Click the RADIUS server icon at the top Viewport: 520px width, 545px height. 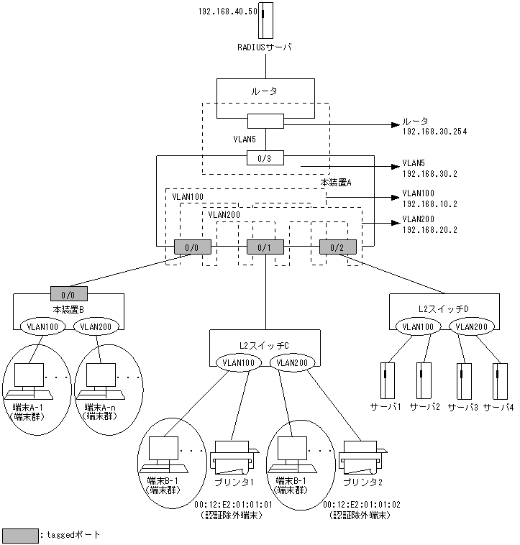(267, 20)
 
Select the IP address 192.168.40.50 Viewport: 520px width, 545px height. (227, 12)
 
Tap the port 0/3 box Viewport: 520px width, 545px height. (265, 157)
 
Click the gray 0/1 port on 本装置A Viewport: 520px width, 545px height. (265, 247)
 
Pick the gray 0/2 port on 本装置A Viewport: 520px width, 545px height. (338, 247)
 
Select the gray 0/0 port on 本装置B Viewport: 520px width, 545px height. (69, 293)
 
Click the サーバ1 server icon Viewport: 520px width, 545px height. (386, 382)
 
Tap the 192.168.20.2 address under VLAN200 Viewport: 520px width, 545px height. (429, 230)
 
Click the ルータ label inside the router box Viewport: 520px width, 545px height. (265, 91)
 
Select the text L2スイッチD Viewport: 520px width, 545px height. (443, 308)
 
